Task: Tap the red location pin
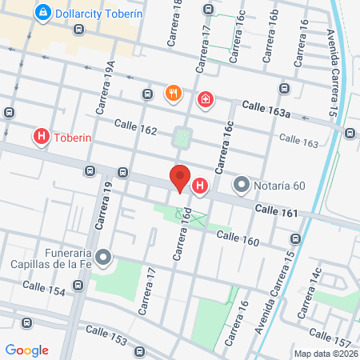[x=180, y=178]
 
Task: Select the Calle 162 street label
[x=135, y=126]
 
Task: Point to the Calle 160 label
[x=238, y=237]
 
